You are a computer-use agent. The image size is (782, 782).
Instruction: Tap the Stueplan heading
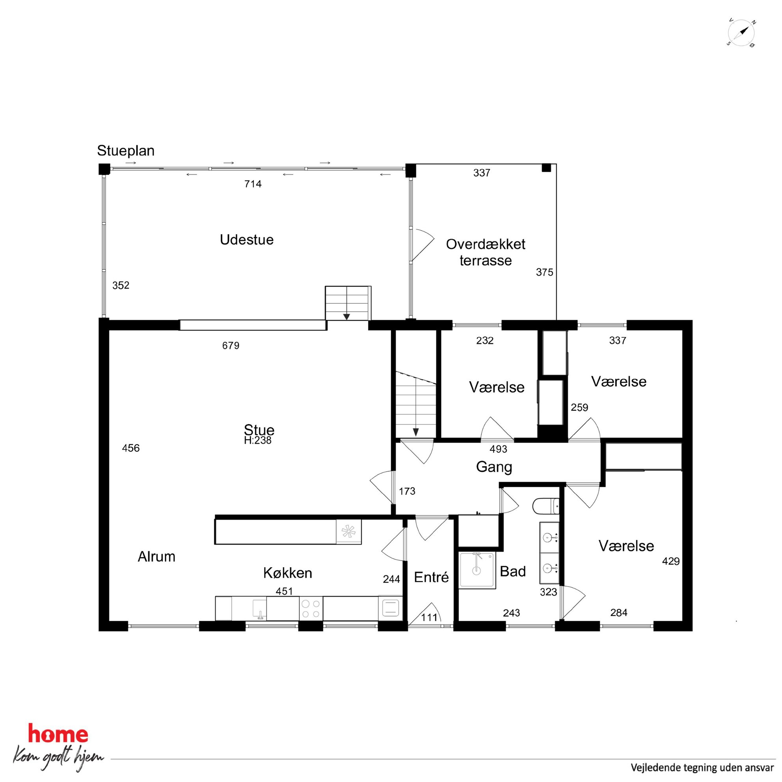[x=125, y=151]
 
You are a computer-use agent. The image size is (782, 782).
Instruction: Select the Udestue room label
[x=246, y=240]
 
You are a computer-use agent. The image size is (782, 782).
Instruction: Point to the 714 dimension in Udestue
[x=253, y=184]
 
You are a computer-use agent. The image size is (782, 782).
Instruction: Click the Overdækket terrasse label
[x=485, y=252]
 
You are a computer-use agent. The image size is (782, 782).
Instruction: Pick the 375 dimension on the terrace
[x=544, y=272]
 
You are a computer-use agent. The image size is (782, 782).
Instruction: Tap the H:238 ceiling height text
[x=257, y=440]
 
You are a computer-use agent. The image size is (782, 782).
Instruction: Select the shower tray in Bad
[x=477, y=570]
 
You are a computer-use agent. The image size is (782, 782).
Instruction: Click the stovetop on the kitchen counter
[x=311, y=609]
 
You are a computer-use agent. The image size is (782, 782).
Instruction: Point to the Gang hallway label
[x=494, y=467]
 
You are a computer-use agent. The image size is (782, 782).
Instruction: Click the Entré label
[x=431, y=577]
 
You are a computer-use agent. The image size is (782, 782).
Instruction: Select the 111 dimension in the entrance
[x=429, y=617]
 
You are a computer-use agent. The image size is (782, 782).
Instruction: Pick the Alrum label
[x=156, y=557]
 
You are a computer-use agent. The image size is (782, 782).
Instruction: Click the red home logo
[x=58, y=734]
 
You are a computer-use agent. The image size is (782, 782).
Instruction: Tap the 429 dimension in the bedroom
[x=671, y=561]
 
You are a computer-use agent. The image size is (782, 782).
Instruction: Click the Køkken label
[x=287, y=573]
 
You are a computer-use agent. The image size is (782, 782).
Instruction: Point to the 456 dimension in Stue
[x=131, y=448]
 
